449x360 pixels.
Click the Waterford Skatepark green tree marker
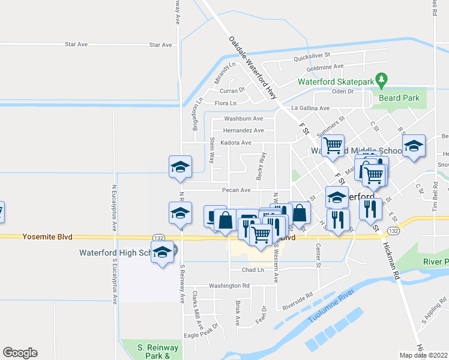click(x=381, y=80)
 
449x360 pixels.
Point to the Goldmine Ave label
click(x=322, y=66)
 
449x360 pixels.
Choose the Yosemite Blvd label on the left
click(x=47, y=237)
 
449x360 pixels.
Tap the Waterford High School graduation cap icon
click(x=162, y=254)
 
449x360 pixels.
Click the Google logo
click(x=20, y=353)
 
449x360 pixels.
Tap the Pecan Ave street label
click(x=236, y=190)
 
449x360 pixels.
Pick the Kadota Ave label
click(x=236, y=143)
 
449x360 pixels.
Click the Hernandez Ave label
click(x=243, y=130)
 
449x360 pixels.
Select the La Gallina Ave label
click(x=310, y=108)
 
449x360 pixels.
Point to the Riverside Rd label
click(x=298, y=301)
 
